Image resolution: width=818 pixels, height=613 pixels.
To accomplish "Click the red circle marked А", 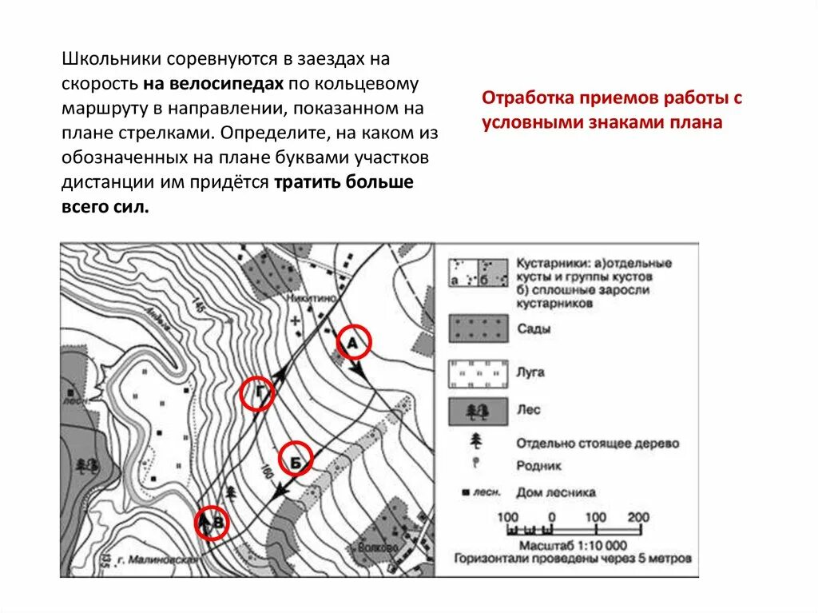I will tap(353, 343).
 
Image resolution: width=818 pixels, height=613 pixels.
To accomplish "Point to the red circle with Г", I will tap(257, 393).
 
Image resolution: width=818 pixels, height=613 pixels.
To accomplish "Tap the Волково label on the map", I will tap(379, 548).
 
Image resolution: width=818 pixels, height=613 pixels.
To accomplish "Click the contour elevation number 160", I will tap(266, 473).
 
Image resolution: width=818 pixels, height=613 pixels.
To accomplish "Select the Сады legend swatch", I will tap(478, 328).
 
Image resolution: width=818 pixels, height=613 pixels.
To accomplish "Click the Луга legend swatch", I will tap(478, 373).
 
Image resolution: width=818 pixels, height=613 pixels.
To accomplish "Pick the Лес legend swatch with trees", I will tap(478, 412).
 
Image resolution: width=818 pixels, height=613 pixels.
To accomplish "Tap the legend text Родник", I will tap(538, 465).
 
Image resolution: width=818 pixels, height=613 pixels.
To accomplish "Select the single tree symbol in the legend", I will tap(477, 441).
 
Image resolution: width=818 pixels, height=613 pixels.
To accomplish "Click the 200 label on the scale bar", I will tap(638, 516).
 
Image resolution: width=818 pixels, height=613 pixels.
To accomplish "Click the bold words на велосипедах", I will tap(214, 82).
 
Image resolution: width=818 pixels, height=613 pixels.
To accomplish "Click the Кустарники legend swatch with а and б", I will tap(478, 273).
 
